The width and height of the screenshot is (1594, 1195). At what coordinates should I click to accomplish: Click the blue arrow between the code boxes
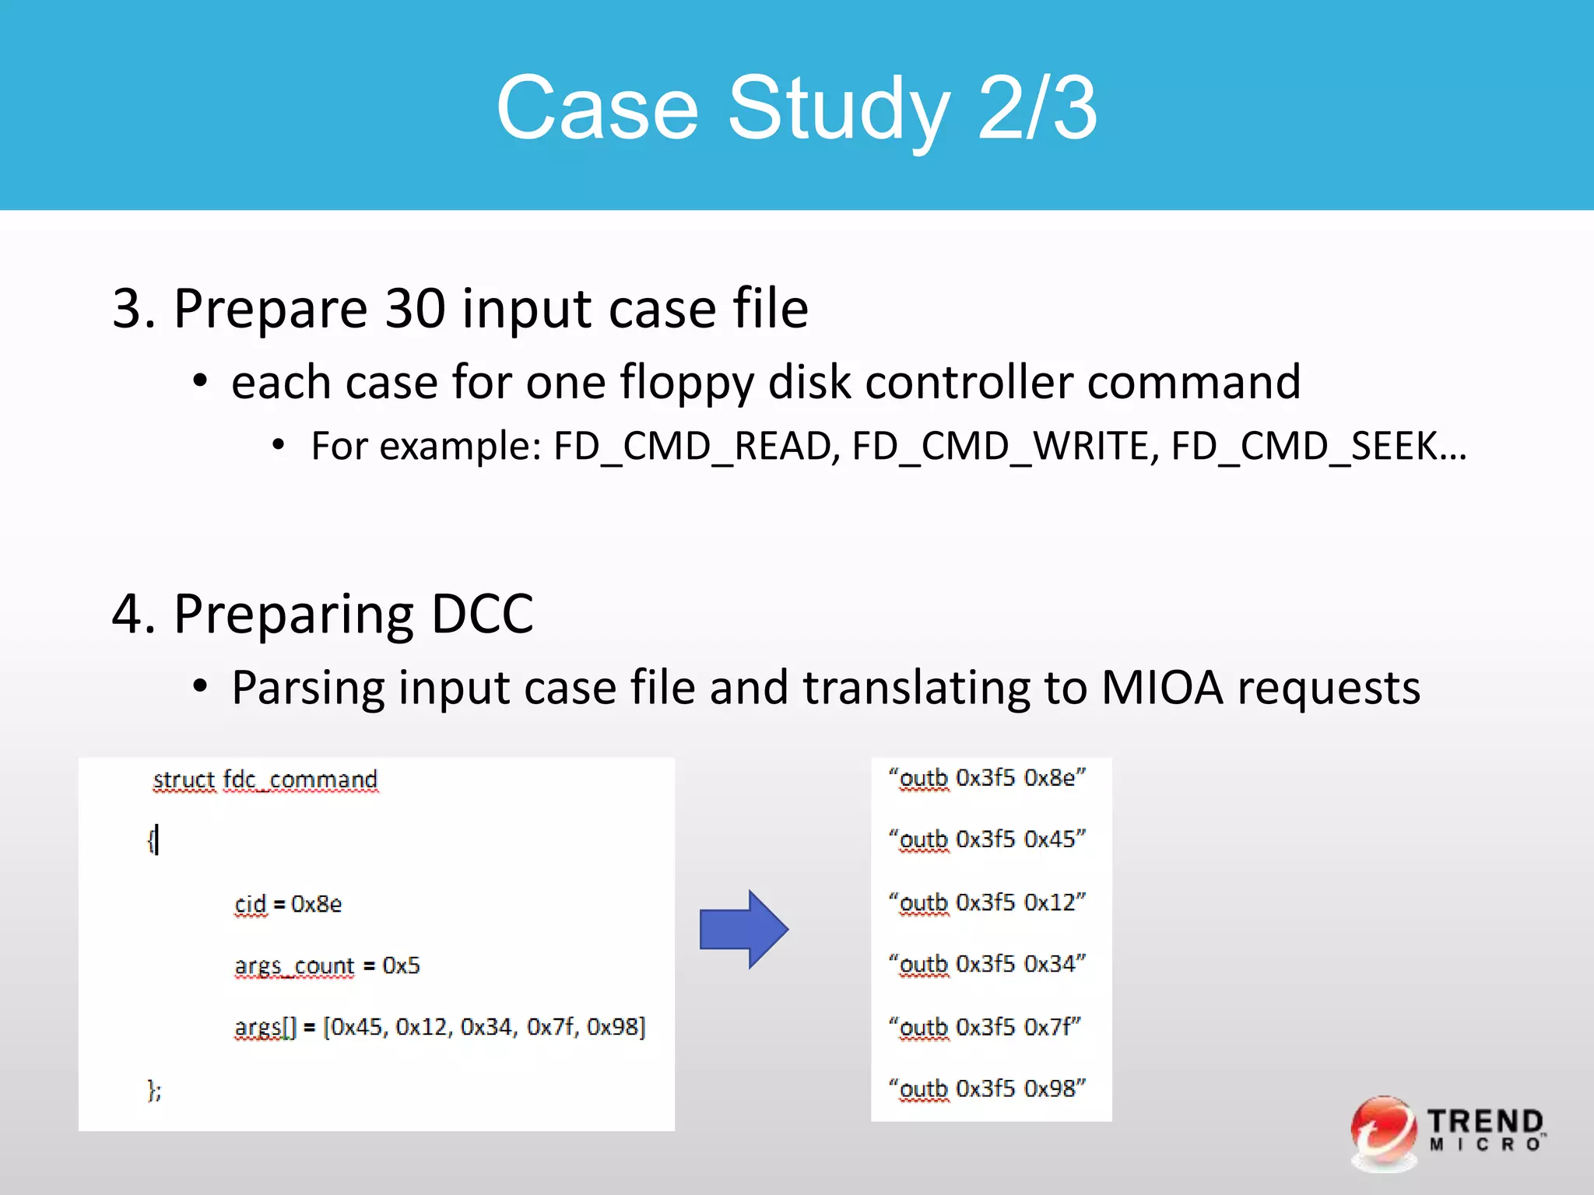(x=743, y=929)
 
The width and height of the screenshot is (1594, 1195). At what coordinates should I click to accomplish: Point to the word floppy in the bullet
(x=686, y=383)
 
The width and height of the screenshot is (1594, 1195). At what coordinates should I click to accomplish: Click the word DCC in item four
(x=482, y=614)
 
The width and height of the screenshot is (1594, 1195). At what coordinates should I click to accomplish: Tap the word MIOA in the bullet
(x=1162, y=688)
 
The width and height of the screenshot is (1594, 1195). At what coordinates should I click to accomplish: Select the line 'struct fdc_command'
(x=265, y=780)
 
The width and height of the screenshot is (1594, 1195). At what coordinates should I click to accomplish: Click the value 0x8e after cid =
(x=316, y=904)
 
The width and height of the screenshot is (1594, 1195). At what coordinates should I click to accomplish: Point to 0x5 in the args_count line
(x=401, y=965)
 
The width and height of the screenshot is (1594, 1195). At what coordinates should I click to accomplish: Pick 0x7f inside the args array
(x=552, y=1027)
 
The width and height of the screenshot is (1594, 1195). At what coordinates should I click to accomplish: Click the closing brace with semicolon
(x=154, y=1090)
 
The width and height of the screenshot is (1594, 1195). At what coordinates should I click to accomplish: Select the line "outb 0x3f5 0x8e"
(x=987, y=778)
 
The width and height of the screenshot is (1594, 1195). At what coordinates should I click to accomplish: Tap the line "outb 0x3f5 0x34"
(x=987, y=964)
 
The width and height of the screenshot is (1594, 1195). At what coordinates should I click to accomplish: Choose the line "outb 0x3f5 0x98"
(x=987, y=1088)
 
